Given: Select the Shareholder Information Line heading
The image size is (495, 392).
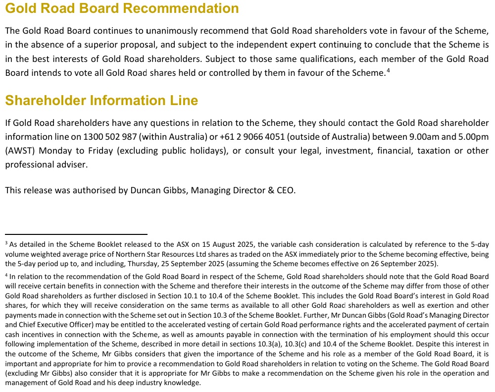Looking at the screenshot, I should click(101, 101).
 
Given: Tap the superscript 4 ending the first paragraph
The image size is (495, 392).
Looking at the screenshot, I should click(388, 70).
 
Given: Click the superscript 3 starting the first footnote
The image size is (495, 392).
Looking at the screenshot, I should click(6, 243).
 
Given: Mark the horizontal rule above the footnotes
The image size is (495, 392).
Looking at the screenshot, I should click(76, 234).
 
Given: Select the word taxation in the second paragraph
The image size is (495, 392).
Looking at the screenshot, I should click(436, 151).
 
